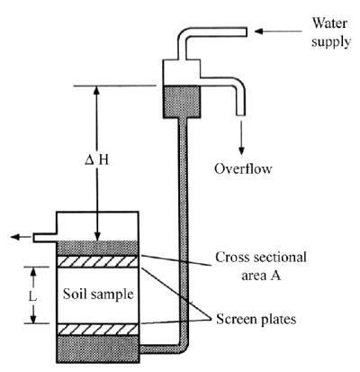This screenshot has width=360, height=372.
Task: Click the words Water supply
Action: pyautogui.click(x=330, y=32)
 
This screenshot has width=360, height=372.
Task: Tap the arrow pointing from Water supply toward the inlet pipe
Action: pyautogui.click(x=278, y=31)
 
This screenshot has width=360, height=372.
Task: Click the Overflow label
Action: pyautogui.click(x=243, y=168)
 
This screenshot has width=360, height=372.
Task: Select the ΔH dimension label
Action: pyautogui.click(x=96, y=161)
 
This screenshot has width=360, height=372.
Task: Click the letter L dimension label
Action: pyautogui.click(x=32, y=296)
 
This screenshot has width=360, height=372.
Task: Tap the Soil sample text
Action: pyautogui.click(x=98, y=294)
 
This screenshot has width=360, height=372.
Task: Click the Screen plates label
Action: pyautogui.click(x=256, y=319)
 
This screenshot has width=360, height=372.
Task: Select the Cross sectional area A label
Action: pyautogui.click(x=261, y=266)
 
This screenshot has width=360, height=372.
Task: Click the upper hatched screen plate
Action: pyautogui.click(x=97, y=261)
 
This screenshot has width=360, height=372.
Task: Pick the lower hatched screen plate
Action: pyautogui.click(x=97, y=330)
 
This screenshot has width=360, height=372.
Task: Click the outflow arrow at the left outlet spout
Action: pyautogui.click(x=21, y=237)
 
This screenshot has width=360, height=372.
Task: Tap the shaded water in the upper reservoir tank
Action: pyautogui.click(x=182, y=102)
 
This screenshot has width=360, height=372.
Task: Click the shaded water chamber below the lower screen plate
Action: pyautogui.click(x=97, y=349)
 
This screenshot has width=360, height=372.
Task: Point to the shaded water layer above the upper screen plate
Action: pyautogui.click(x=97, y=249)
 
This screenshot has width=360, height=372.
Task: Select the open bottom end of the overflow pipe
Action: pyautogui.click(x=241, y=115)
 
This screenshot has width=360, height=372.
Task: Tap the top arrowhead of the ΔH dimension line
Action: pyautogui.click(x=96, y=90)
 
